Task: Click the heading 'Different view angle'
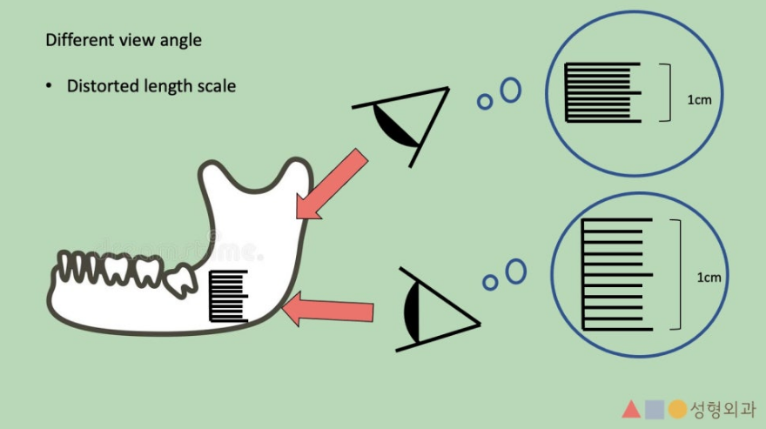click(x=124, y=40)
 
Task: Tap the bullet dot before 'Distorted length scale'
click(x=49, y=86)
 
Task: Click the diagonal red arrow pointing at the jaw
click(x=332, y=184)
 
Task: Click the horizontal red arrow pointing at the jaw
click(x=328, y=310)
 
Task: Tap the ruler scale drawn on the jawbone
click(x=228, y=296)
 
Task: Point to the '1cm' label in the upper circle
click(x=699, y=100)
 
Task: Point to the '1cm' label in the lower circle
click(x=709, y=278)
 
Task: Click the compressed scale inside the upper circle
click(x=602, y=92)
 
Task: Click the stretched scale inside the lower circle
click(x=617, y=275)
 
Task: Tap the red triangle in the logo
click(x=631, y=410)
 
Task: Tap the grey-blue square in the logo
click(x=655, y=410)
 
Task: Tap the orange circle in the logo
click(x=677, y=410)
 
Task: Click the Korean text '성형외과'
click(x=722, y=410)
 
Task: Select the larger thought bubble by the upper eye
click(x=511, y=90)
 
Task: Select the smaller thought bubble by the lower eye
click(x=490, y=282)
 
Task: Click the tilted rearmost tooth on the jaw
click(x=180, y=279)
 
